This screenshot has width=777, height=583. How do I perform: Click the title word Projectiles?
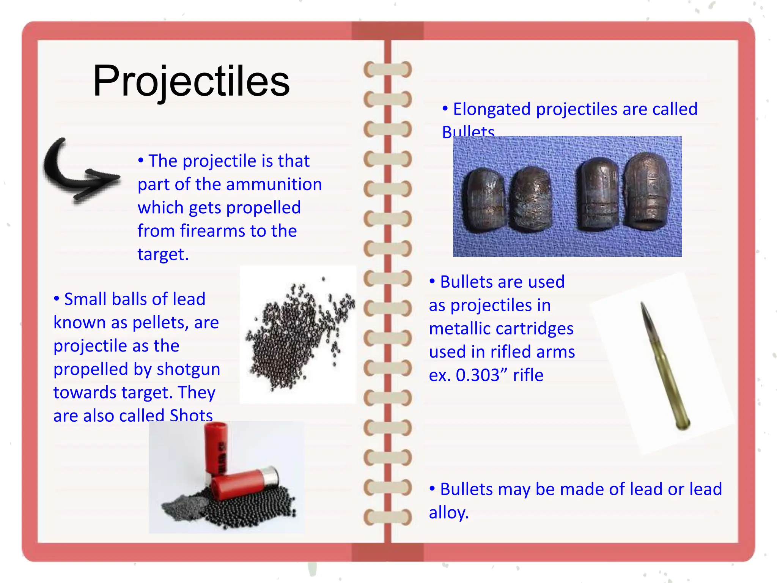191,81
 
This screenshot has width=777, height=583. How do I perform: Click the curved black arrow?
76,171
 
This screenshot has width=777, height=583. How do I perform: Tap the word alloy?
448,513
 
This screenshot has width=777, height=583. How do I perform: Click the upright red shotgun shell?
217,449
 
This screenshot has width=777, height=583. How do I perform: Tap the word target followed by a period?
163,254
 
